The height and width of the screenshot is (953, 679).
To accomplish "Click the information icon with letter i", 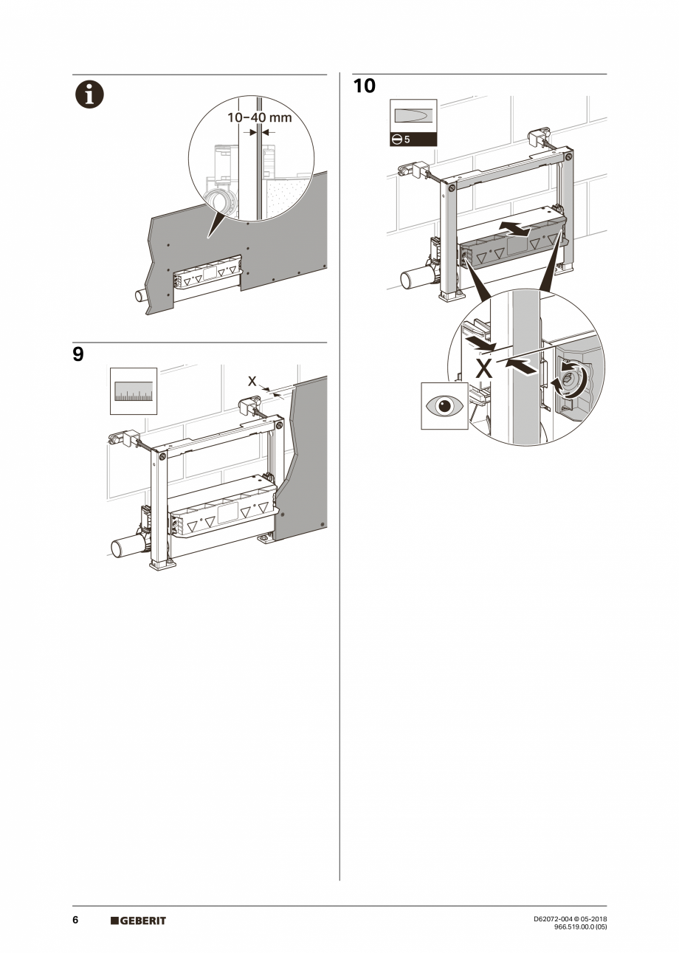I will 88,94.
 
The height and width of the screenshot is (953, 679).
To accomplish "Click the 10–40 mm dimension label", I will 259,117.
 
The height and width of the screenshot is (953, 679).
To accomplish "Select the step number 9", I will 78,354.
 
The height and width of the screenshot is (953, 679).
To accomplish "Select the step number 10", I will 364,86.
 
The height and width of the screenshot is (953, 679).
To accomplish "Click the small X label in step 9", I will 252,382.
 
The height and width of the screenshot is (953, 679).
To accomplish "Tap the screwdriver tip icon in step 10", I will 413,117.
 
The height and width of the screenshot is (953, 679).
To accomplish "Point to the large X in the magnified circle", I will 483,368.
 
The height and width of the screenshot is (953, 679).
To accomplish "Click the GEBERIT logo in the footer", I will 138,921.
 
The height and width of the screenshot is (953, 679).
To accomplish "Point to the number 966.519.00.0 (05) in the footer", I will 580,926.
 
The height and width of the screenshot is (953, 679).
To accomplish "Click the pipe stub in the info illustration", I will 138,295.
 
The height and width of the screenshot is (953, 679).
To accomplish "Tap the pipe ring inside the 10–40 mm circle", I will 219,201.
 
